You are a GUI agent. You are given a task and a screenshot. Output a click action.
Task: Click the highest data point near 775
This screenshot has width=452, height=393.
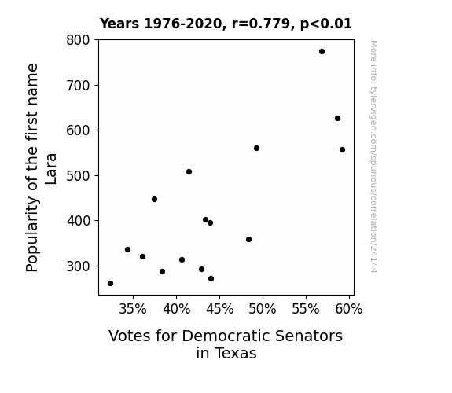[322, 52]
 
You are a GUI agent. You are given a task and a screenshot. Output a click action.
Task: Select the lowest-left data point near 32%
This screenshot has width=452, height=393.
[110, 284]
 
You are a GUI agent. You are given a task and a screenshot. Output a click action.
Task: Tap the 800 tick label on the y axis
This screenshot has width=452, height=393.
[78, 40]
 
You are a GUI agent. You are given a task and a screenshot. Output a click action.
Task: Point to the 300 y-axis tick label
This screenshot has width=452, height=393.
[78, 266]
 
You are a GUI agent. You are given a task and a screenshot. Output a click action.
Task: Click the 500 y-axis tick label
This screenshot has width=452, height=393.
[78, 175]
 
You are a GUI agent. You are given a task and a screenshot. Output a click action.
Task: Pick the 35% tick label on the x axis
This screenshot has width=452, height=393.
[133, 309]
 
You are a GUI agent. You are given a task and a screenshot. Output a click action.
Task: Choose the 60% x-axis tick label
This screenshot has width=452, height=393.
[349, 309]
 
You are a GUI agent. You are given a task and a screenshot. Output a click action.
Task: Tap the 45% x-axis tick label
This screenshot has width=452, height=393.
[219, 309]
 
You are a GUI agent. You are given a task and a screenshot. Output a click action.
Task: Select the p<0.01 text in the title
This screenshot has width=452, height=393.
[326, 24]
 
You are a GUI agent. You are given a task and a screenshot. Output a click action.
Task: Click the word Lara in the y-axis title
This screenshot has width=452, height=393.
[51, 169]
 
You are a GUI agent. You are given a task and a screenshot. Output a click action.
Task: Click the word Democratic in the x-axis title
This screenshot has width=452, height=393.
[226, 336]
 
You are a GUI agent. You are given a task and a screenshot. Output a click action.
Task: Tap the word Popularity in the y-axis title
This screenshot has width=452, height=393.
[32, 234]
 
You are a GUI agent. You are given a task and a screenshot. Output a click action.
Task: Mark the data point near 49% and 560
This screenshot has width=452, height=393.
[256, 149]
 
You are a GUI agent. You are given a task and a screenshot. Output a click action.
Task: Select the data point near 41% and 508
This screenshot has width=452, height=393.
[189, 172]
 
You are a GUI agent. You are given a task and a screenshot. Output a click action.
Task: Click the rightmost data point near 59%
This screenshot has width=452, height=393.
[342, 149]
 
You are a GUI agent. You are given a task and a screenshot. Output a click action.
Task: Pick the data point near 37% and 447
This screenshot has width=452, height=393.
[155, 199]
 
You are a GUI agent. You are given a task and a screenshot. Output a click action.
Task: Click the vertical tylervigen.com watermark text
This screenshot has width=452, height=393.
[373, 156]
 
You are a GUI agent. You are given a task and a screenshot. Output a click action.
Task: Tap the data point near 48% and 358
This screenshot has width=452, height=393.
[248, 239]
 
